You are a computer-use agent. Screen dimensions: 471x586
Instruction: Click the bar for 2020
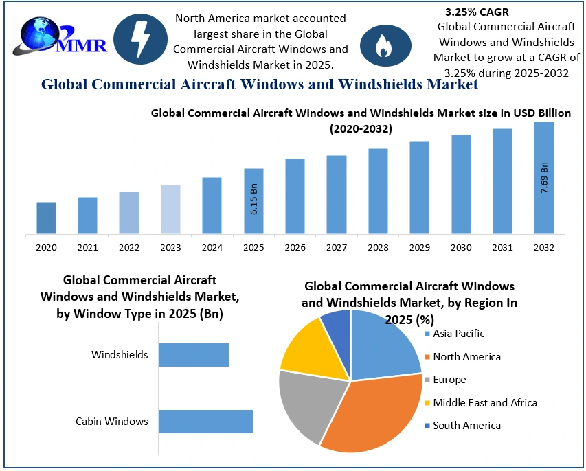click(46, 218)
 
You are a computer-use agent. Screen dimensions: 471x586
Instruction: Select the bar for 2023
click(170, 209)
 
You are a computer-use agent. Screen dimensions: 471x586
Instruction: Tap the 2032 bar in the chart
click(544, 178)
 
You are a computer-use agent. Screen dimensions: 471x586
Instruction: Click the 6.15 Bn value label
click(253, 200)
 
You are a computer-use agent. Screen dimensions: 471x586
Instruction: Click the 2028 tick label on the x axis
click(378, 247)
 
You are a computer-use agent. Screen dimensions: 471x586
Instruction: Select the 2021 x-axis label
click(87, 247)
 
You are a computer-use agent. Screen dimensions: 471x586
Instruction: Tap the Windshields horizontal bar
click(193, 355)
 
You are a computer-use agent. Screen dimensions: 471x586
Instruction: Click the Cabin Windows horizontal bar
click(205, 421)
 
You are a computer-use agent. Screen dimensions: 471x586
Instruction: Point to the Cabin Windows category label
click(111, 421)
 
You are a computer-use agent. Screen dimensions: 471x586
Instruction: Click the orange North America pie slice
click(374, 415)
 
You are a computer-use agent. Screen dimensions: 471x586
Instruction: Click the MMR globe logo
click(41, 38)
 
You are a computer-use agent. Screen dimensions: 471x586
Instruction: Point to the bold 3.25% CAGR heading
click(477, 12)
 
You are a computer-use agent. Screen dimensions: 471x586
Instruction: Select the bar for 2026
click(295, 196)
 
